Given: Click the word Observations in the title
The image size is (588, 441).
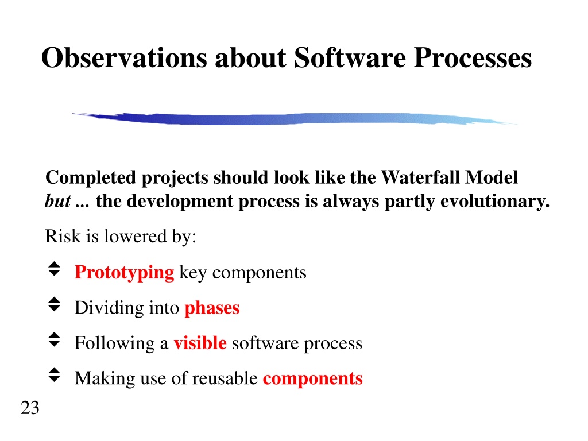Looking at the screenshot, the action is (x=124, y=58).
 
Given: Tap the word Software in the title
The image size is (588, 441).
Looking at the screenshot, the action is (x=350, y=58).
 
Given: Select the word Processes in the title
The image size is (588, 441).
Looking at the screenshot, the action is (x=473, y=58).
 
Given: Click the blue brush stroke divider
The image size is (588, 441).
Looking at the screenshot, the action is (x=295, y=118).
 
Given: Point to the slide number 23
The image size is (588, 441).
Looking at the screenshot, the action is (x=30, y=408).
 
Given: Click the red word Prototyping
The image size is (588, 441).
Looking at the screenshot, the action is (x=124, y=273).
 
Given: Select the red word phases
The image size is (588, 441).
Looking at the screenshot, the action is (x=212, y=308).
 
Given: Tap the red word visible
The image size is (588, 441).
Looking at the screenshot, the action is (x=200, y=343).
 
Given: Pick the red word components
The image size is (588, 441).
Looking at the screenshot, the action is (x=313, y=378).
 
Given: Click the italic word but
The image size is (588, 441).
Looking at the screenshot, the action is (x=58, y=201).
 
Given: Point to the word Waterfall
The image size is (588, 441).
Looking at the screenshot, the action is (x=420, y=177).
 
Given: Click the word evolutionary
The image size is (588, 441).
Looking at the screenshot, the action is (x=495, y=202).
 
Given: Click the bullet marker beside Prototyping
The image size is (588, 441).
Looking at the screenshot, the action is (x=55, y=269).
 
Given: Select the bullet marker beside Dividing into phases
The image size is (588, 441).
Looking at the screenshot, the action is (x=55, y=304).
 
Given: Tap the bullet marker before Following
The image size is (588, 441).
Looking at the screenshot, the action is (x=55, y=340).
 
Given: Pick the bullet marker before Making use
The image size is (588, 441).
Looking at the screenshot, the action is (x=55, y=375).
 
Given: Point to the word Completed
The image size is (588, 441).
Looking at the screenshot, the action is (x=90, y=177).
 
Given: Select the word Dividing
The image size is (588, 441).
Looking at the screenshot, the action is (x=109, y=308).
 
